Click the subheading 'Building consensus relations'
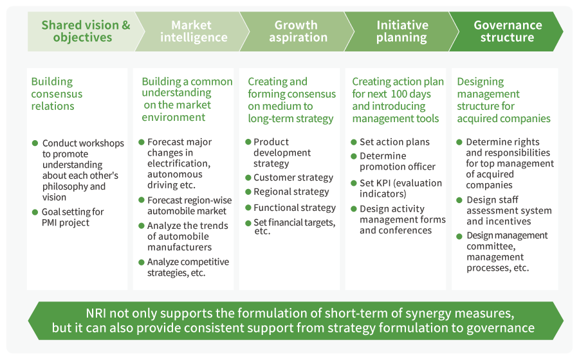click(x=57, y=94)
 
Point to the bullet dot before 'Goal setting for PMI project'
click(x=35, y=212)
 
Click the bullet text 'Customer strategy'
click(x=293, y=178)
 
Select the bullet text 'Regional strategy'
click(x=291, y=192)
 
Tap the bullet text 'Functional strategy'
click(x=295, y=208)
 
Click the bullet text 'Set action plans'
click(x=394, y=142)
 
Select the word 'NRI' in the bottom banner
click(x=96, y=313)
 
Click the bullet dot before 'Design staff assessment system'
click(x=459, y=201)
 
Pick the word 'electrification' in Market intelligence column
click(x=179, y=163)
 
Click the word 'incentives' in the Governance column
click(x=513, y=221)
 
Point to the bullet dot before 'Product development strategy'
click(x=248, y=142)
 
